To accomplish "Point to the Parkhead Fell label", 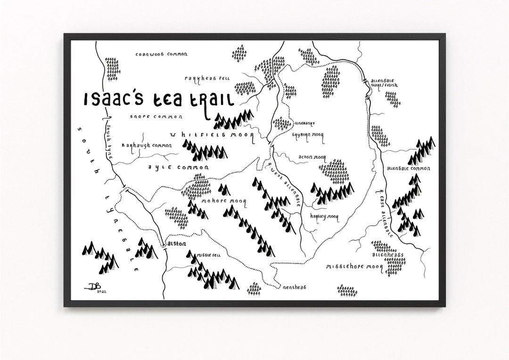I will pyautogui.click(x=207, y=79).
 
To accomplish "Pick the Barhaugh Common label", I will pyautogui.click(x=147, y=146).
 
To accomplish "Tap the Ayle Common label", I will pyautogui.click(x=172, y=167).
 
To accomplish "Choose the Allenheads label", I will pyautogui.click(x=387, y=254).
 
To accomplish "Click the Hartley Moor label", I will pyautogui.click(x=324, y=216).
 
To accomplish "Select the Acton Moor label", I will pyautogui.click(x=312, y=157).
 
